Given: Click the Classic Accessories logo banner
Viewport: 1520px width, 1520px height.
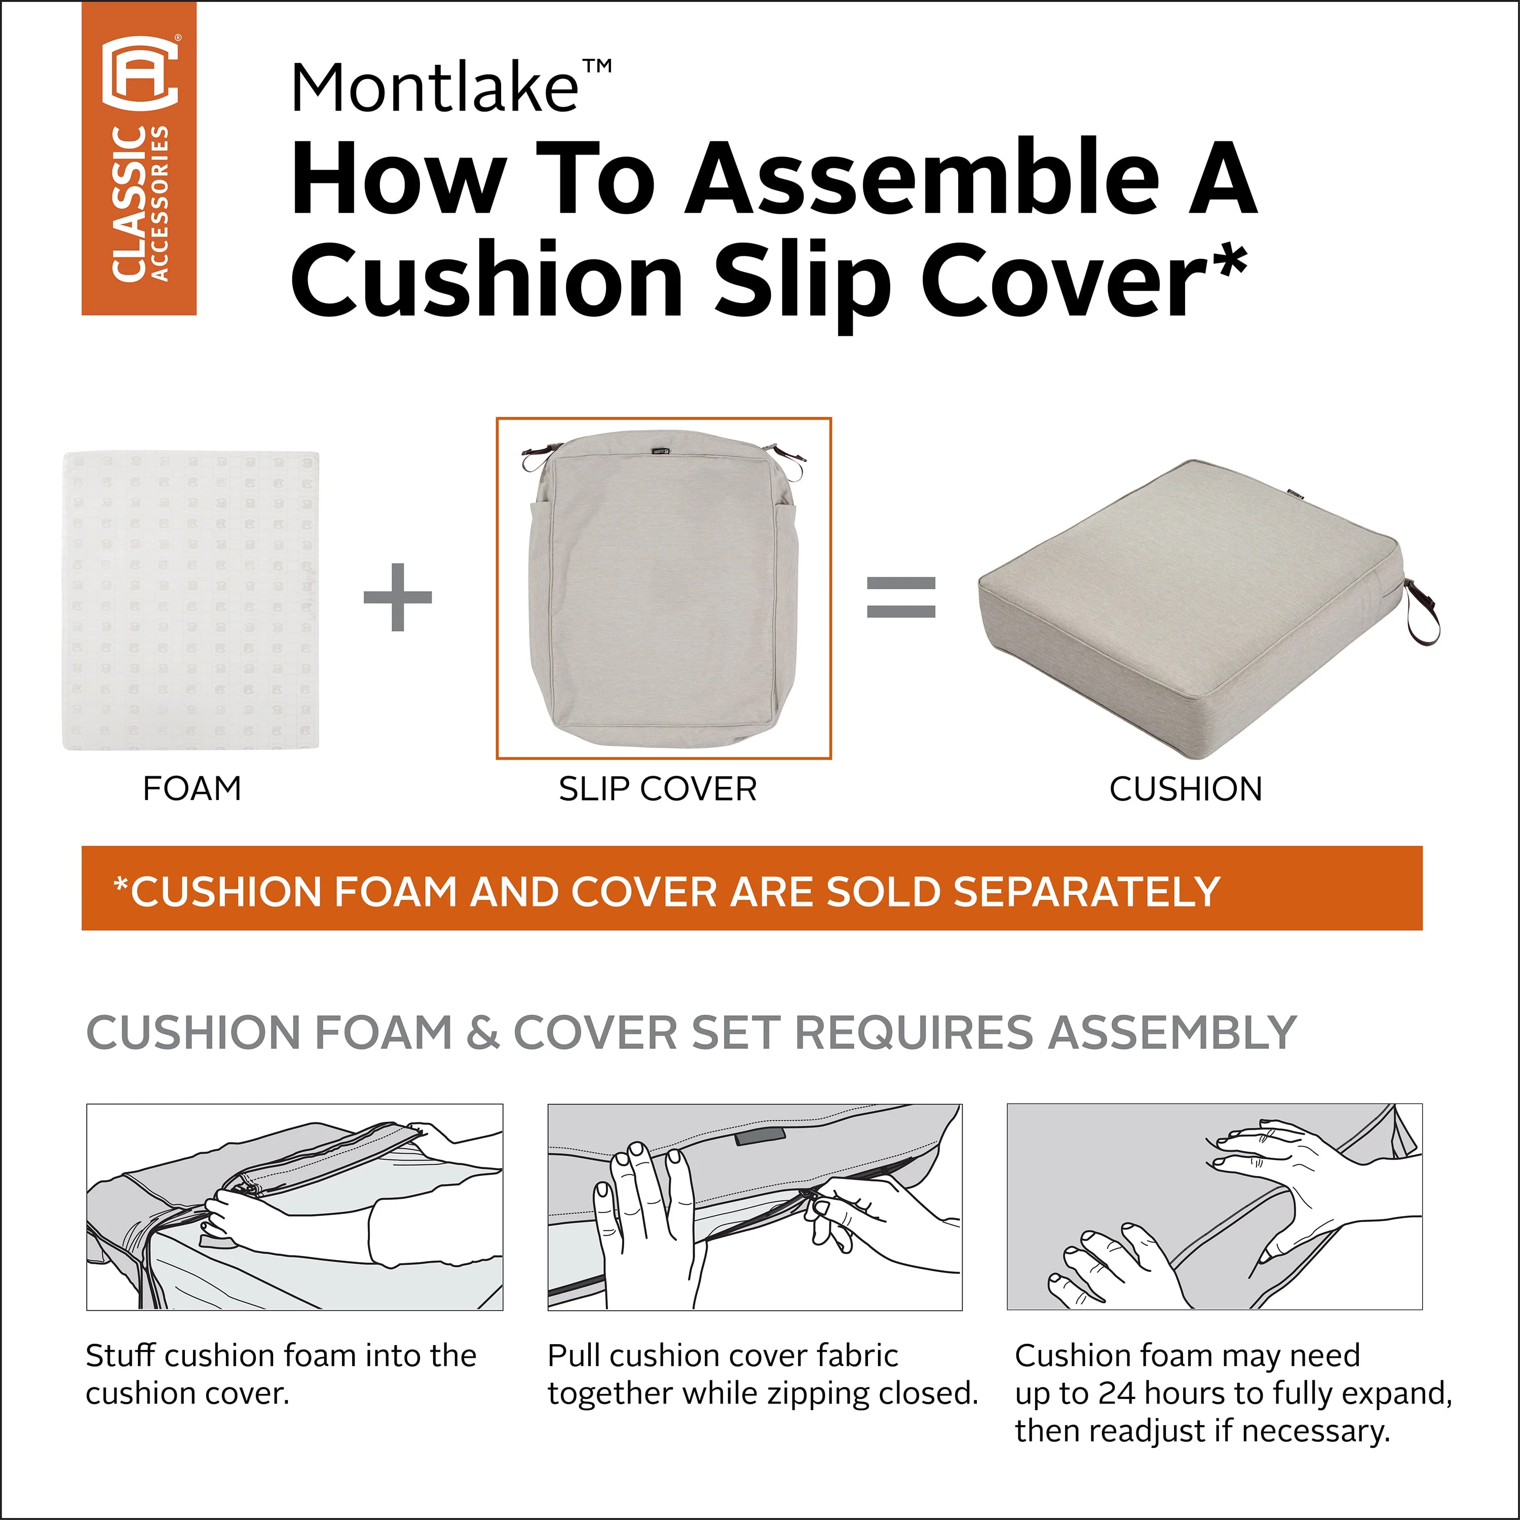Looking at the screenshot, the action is pyautogui.click(x=139, y=158).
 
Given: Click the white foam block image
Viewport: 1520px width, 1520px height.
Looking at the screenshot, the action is pyautogui.click(x=191, y=600).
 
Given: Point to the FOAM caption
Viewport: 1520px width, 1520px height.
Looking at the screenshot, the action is pyautogui.click(x=192, y=788).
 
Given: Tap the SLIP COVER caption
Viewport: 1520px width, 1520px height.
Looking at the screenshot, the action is pyautogui.click(x=658, y=788).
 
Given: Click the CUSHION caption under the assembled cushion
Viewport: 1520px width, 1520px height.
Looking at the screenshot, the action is pyautogui.click(x=1186, y=788).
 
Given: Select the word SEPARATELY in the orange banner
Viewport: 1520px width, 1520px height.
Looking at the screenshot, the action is pyautogui.click(x=1086, y=891).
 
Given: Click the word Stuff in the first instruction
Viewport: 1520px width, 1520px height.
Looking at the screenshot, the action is pyautogui.click(x=121, y=1355).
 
